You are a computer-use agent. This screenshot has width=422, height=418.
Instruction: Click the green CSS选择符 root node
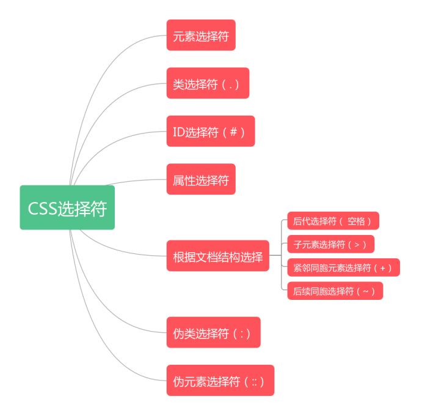pyautogui.click(x=67, y=207)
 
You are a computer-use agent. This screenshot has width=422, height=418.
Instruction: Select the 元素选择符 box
pyautogui.click(x=201, y=35)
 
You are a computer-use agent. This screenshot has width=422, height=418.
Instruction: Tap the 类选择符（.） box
pyautogui.click(x=208, y=83)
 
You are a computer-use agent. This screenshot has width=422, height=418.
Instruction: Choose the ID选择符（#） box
pyautogui.click(x=210, y=131)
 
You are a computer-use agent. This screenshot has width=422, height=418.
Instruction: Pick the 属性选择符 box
pyautogui.click(x=201, y=179)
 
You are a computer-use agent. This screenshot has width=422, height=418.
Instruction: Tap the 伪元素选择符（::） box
pyautogui.click(x=220, y=381)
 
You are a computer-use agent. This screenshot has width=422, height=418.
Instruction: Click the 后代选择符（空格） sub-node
pyautogui.click(x=333, y=221)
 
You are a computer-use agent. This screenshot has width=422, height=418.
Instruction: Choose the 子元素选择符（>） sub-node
pyautogui.click(x=330, y=244)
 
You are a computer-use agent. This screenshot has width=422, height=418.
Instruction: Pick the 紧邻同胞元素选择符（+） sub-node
pyautogui.click(x=343, y=267)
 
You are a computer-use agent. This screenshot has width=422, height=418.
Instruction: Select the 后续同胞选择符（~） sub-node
pyautogui.click(x=335, y=291)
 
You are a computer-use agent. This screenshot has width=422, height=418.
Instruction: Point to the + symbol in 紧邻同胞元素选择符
pyautogui.click(x=383, y=267)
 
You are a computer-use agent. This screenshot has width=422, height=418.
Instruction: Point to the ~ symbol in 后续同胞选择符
pyautogui.click(x=366, y=291)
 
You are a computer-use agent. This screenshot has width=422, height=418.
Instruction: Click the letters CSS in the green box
pyautogui.click(x=43, y=208)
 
